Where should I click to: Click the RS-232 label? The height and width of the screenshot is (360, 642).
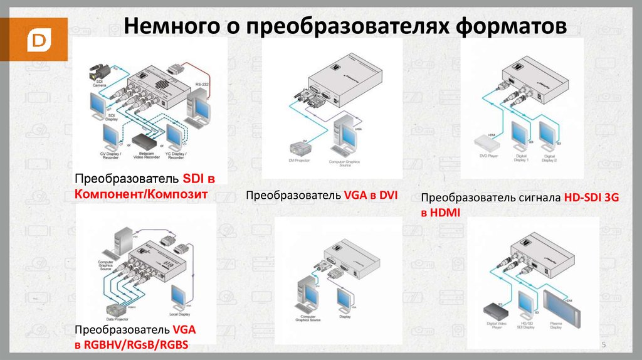point(202,83)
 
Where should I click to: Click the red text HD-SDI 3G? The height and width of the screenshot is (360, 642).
point(591,197)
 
